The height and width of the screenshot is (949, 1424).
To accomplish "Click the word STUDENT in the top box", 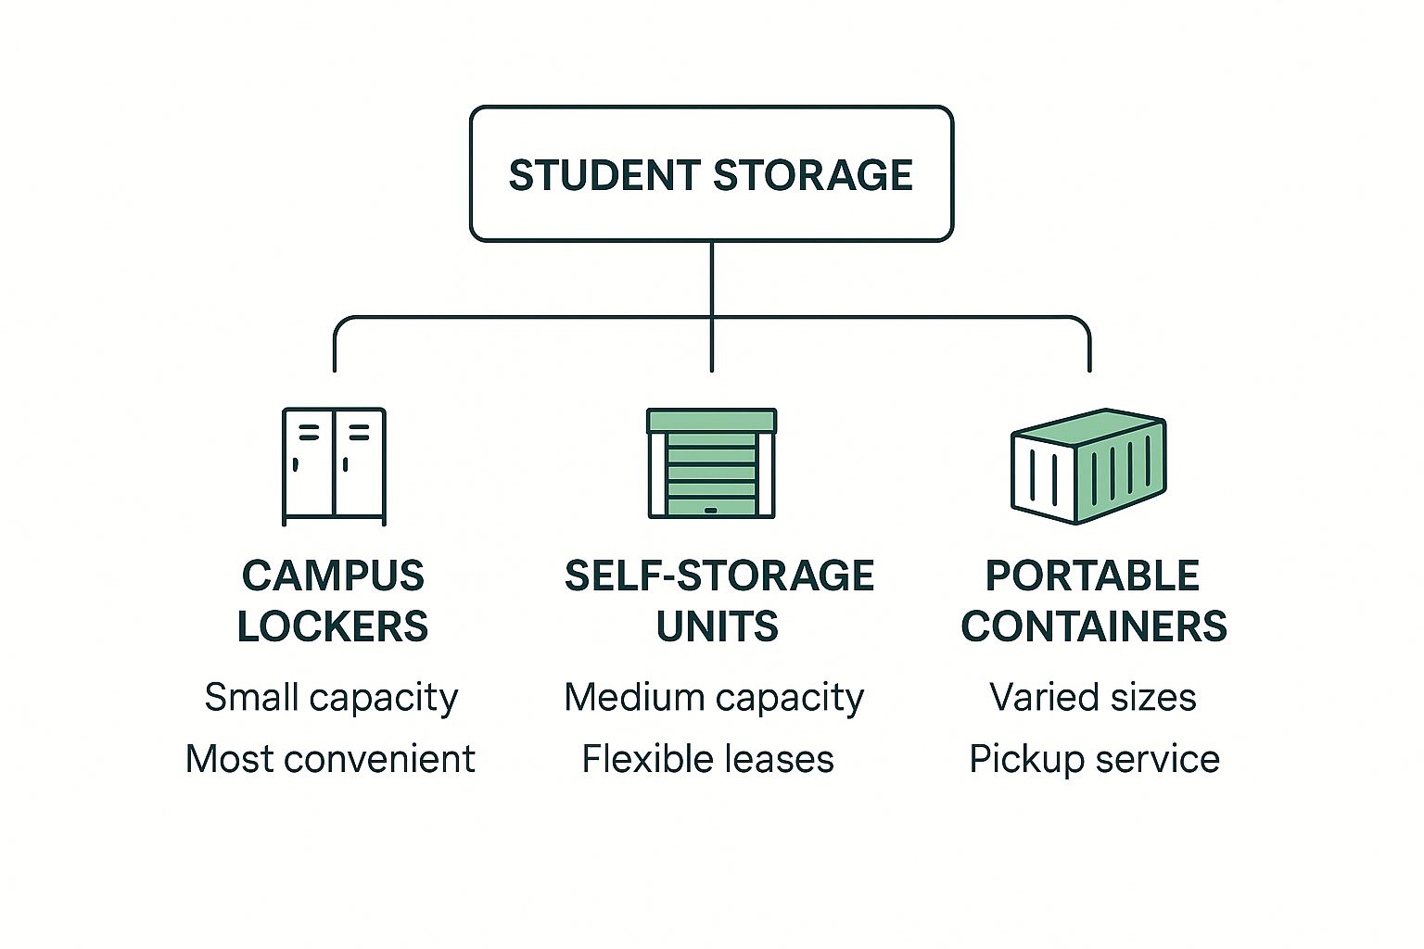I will click(604, 175).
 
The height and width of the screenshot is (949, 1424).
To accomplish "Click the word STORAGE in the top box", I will click(813, 175).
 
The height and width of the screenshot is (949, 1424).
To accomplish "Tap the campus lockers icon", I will click(334, 465).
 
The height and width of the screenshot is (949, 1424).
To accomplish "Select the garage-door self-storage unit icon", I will click(711, 463).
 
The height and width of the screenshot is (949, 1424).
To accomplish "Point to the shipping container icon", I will click(1088, 465).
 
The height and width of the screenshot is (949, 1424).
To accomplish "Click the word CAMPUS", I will click(333, 576).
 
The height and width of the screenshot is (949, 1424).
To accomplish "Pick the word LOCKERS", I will click(333, 626).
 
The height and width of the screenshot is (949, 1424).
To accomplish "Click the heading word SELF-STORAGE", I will click(718, 576).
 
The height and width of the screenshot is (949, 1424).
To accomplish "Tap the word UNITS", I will click(718, 626).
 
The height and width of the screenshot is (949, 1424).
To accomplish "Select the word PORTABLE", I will click(1092, 576).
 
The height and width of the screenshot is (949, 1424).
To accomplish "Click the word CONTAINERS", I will click(1094, 626).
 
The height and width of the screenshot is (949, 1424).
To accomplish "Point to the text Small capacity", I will click(331, 697).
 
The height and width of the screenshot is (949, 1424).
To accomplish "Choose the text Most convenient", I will click(330, 759).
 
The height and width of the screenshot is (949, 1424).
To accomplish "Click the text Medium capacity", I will click(714, 697).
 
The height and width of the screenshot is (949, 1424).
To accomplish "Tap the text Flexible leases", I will click(707, 759).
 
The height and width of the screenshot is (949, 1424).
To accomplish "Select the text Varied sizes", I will click(1093, 697).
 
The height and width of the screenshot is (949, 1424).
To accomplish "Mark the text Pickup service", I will click(1094, 759).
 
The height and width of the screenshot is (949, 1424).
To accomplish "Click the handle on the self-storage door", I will click(711, 510).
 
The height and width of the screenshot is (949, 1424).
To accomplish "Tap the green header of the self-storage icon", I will click(711, 422).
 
